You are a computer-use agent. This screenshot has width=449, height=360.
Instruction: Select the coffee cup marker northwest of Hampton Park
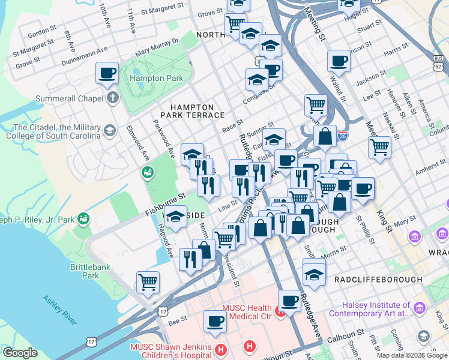pyautogui.click(x=107, y=74)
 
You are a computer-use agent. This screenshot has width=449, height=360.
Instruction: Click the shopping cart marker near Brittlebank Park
pyautogui.click(x=148, y=281)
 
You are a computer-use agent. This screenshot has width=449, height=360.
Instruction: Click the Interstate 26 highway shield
pyautogui.click(x=343, y=137)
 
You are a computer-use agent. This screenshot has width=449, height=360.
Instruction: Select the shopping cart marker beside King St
pyautogui.click(x=379, y=146)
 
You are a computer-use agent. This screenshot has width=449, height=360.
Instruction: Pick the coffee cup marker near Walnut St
pyautogui.click(x=339, y=61)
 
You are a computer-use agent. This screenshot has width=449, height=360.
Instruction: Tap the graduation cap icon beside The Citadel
pyautogui.click(x=110, y=130)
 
